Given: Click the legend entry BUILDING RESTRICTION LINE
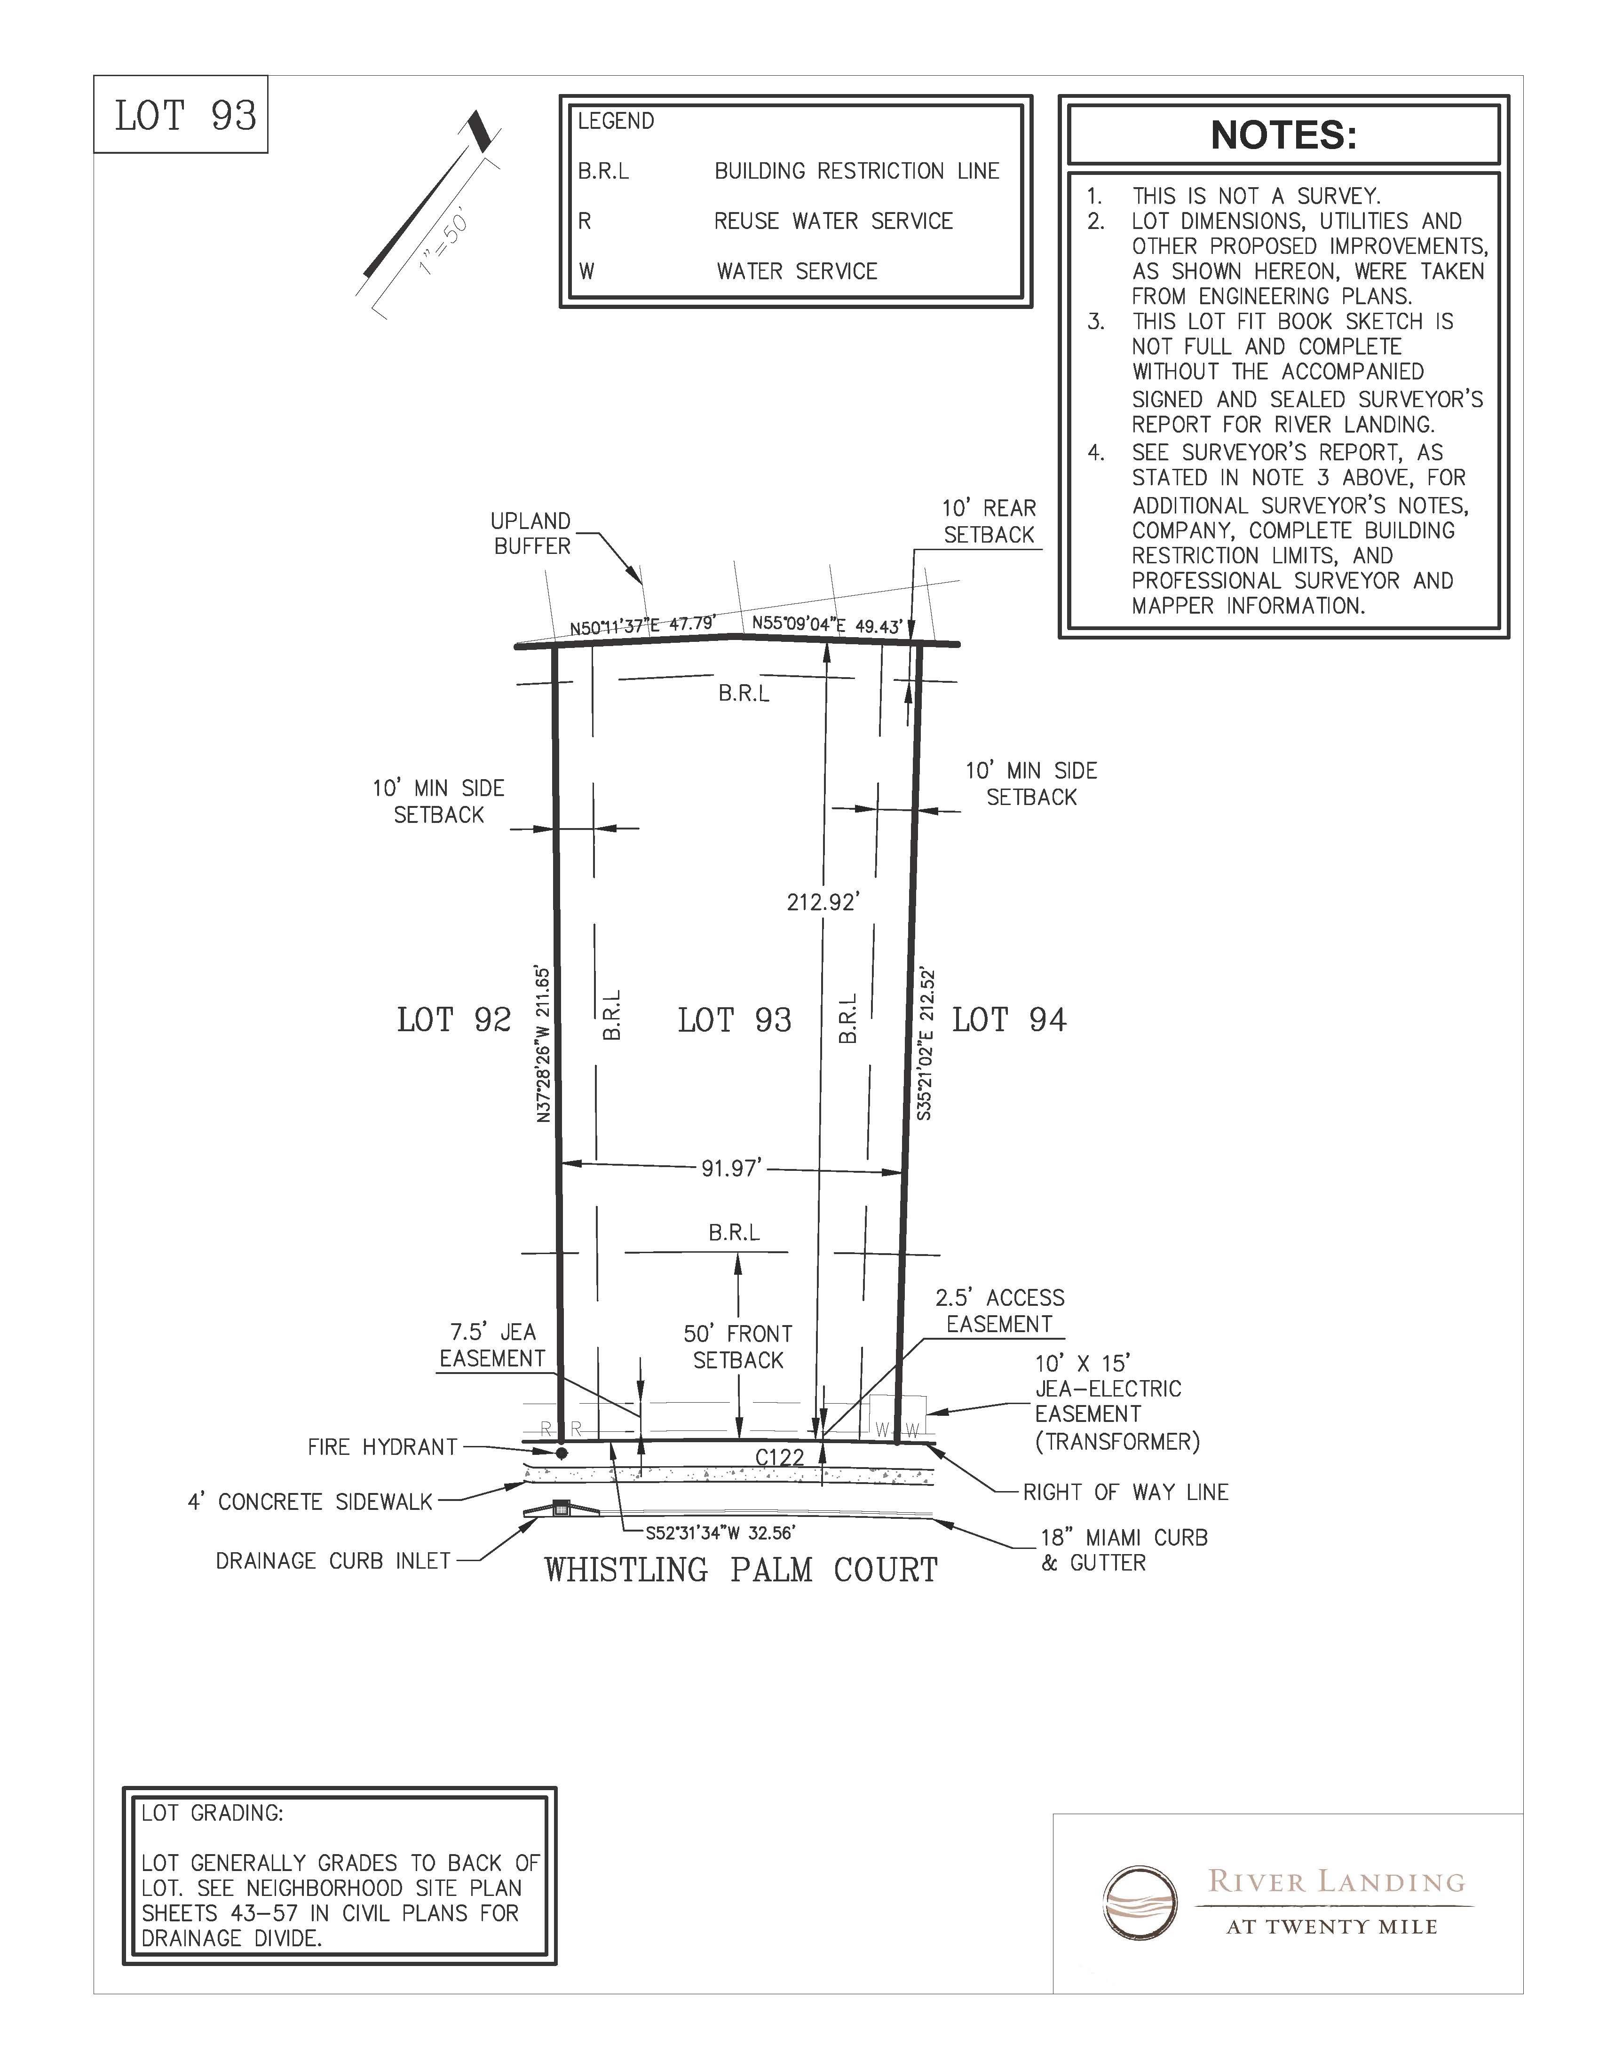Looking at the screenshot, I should coord(856,172).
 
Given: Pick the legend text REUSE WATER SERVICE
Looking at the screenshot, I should coord(832,221).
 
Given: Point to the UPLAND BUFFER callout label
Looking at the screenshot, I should coord(530,533).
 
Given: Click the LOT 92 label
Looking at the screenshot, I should coord(454,1020).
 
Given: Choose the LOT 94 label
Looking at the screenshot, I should coord(1009,1020).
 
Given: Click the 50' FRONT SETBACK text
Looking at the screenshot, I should coord(738,1346).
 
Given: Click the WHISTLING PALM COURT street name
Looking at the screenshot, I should coord(740,1570).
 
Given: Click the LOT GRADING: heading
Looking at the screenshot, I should coord(212,1813).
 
